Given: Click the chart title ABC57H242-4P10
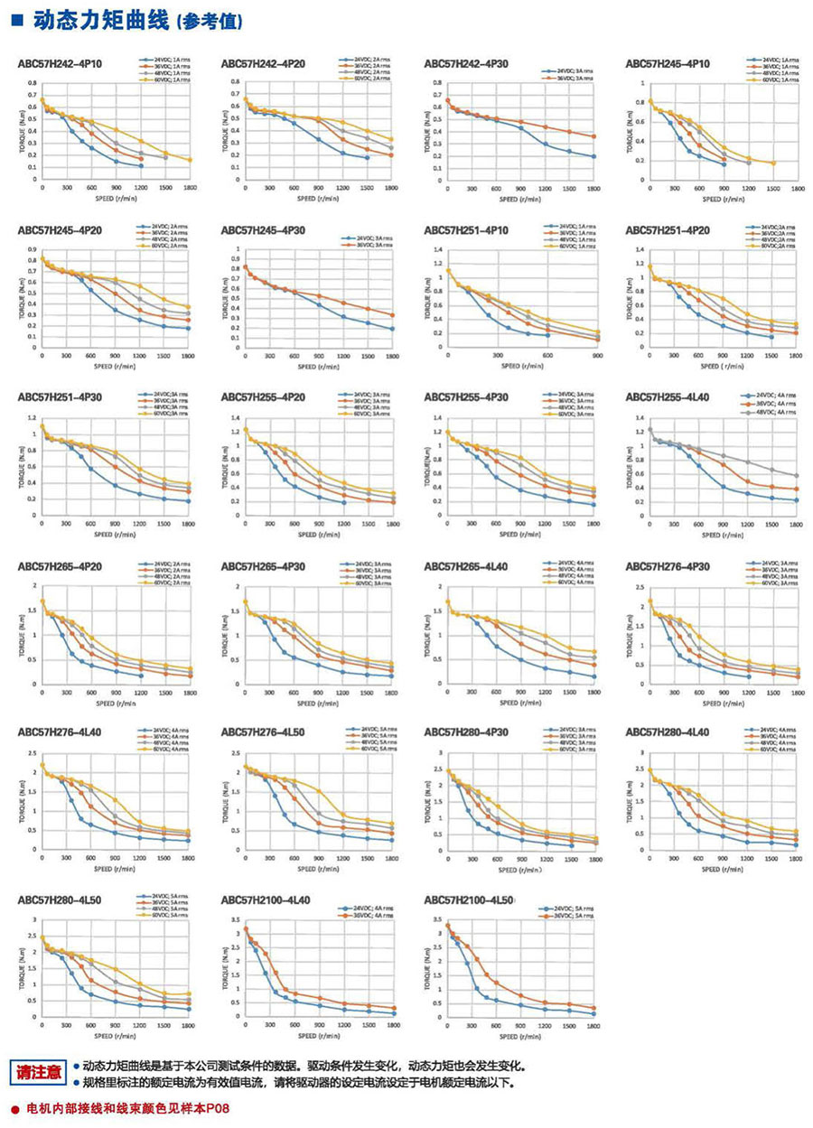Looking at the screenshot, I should coord(61,64).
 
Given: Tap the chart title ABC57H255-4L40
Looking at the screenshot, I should coord(668,397).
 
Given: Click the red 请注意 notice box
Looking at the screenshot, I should coord(40,1072).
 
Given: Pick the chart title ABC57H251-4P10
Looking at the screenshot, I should coord(466,230).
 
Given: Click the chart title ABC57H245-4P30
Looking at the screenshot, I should coord(263,230).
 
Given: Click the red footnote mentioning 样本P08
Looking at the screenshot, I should coord(121,1107).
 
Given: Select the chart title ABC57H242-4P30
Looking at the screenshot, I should coord(466,64).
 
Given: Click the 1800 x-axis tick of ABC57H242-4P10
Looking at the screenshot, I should coord(190,188).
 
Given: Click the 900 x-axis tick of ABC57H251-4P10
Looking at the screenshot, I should coord(595,355).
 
